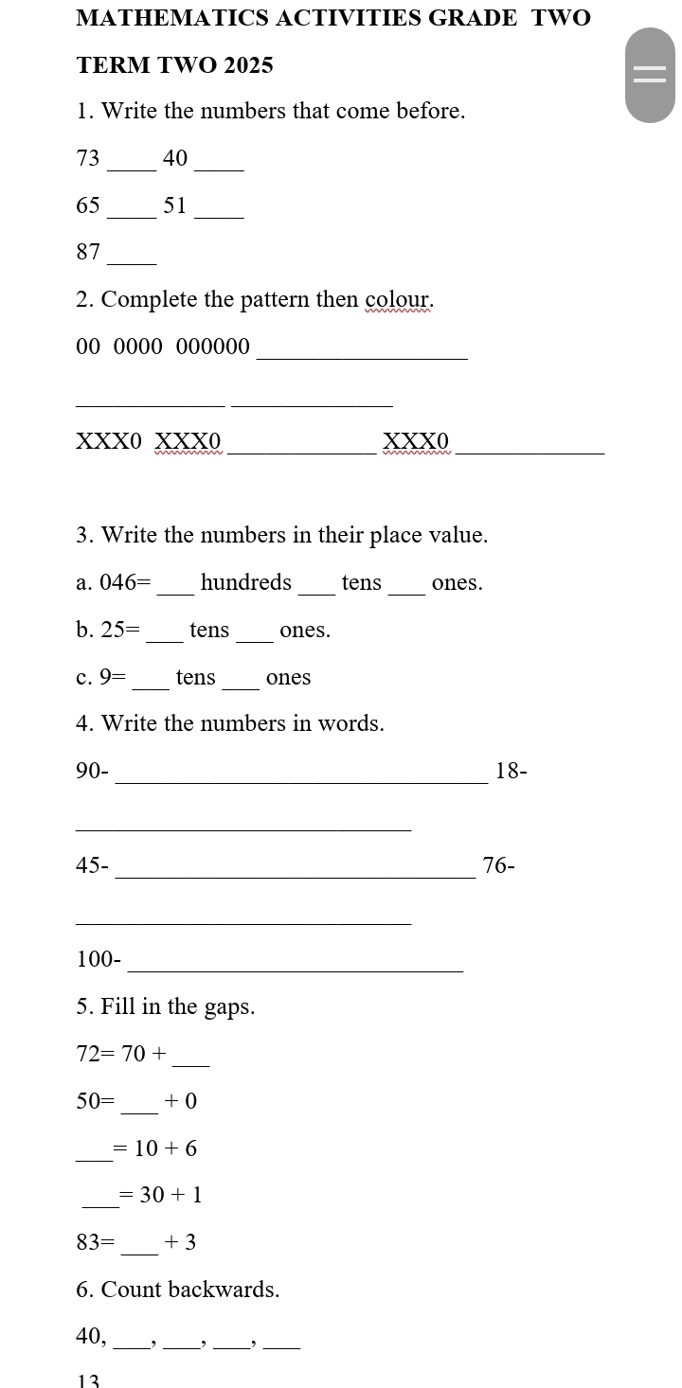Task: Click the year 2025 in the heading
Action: point(249,65)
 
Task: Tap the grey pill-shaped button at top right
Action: point(650,76)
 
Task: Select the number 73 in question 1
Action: point(88,158)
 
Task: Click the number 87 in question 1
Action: point(88,252)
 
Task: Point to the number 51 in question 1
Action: point(175,205)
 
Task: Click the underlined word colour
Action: point(399,300)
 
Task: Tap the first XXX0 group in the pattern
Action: point(109,441)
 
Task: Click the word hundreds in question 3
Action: point(246,582)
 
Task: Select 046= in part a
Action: point(125,582)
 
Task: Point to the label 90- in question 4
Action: point(93,772)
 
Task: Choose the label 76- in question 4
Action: point(499,865)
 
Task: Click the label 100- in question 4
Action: point(99,960)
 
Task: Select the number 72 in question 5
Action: point(88,1053)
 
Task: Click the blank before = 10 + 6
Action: point(93,1150)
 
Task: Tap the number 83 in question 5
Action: point(88,1242)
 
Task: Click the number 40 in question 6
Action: point(90,1336)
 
